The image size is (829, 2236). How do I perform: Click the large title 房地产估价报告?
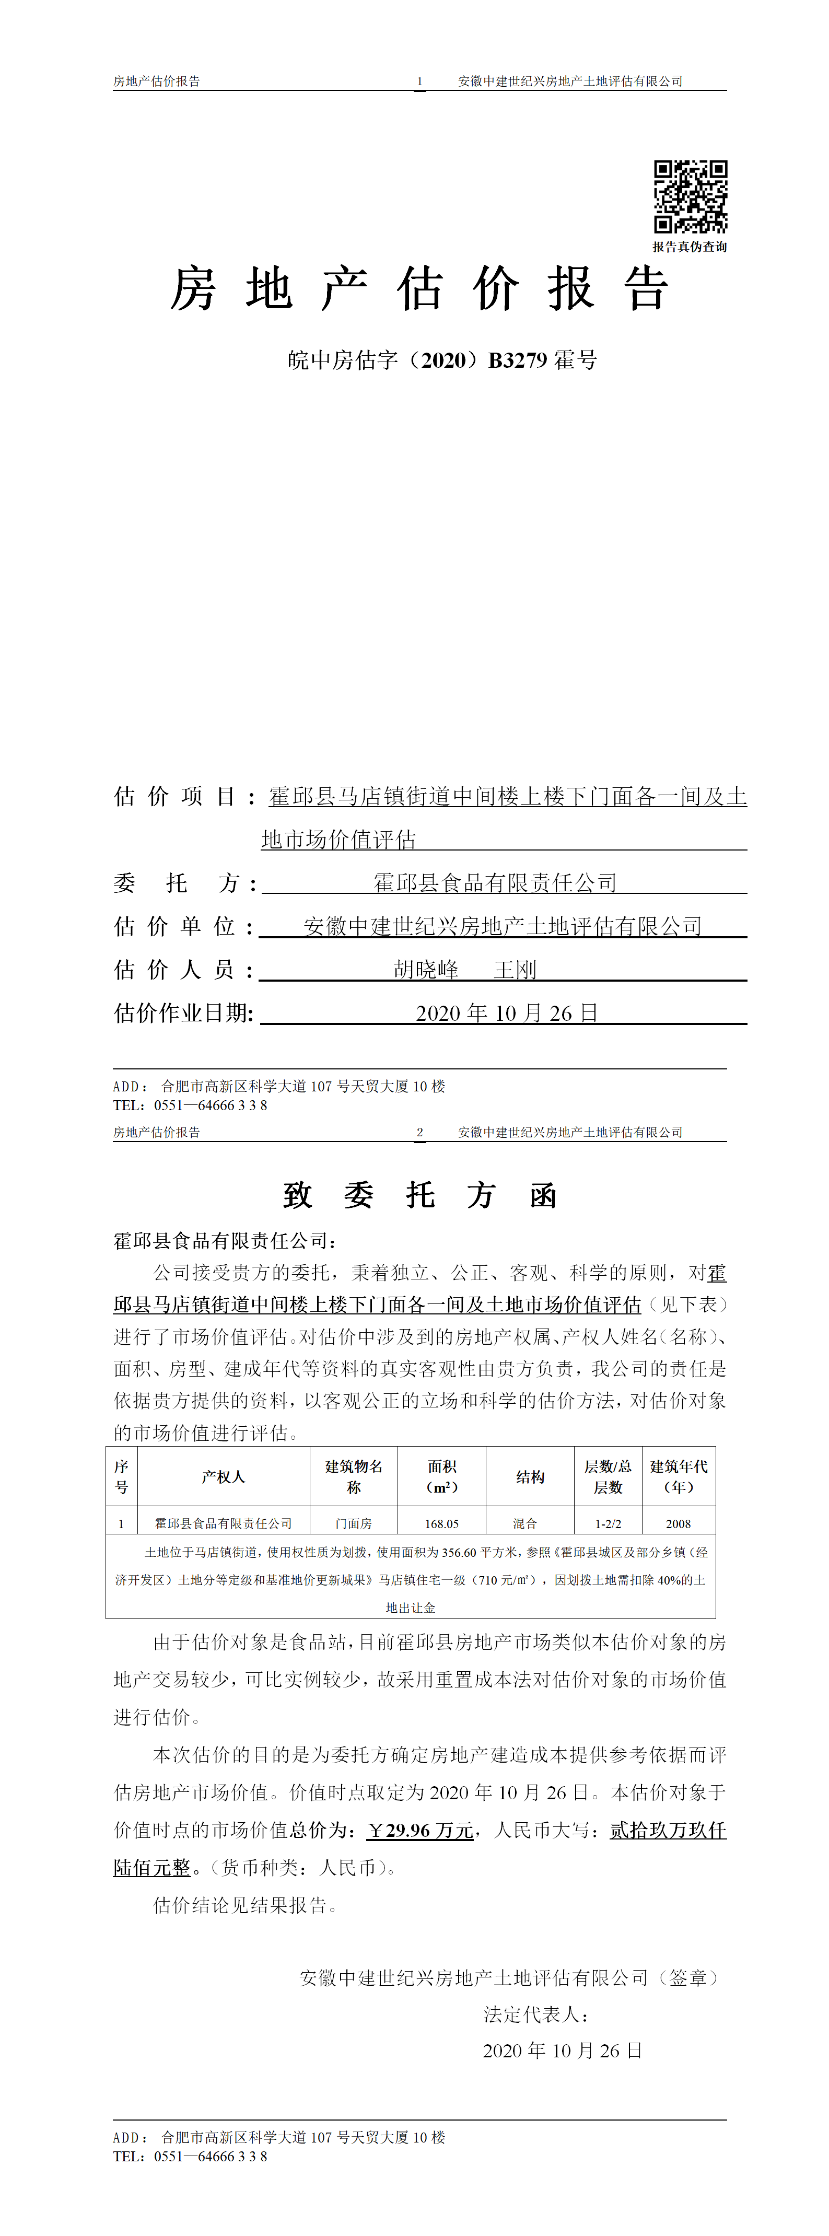[420, 289]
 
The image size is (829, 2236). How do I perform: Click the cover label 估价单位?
[183, 926]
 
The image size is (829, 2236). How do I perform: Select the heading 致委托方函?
[419, 1195]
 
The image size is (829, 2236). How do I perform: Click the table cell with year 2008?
[678, 1523]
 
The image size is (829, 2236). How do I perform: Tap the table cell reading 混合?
[524, 1523]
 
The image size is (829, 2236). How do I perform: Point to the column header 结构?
[530, 1476]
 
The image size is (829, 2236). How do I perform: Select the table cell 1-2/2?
[608, 1523]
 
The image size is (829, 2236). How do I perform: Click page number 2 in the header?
[419, 1132]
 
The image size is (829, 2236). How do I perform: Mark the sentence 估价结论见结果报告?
[246, 1905]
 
